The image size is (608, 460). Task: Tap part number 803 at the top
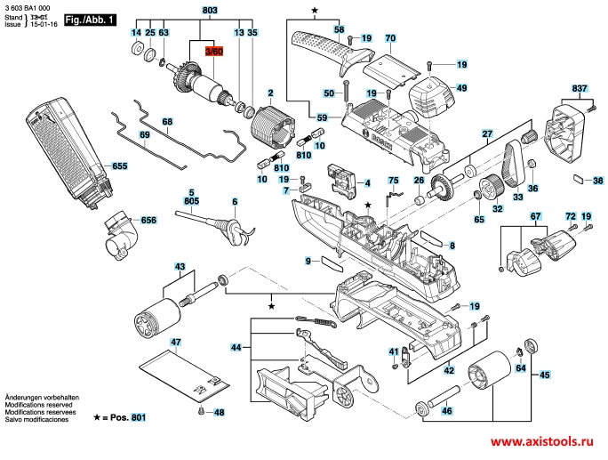(x=210, y=10)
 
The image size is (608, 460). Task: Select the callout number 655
(x=120, y=166)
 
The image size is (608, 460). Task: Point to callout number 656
(x=148, y=220)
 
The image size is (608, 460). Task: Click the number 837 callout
(x=580, y=90)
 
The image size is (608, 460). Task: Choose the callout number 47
(x=176, y=343)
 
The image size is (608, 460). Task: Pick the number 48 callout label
(x=220, y=412)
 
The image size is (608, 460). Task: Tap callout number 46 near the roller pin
(x=447, y=410)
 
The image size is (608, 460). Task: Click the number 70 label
(x=389, y=38)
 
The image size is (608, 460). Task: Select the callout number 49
(x=461, y=88)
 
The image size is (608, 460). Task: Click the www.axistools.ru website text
(x=540, y=442)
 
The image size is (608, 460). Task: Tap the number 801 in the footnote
(x=138, y=417)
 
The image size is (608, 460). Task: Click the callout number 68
(x=167, y=121)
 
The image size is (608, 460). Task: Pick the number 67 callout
(x=535, y=217)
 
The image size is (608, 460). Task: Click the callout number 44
(x=236, y=347)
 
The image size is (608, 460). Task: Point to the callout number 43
(x=180, y=267)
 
